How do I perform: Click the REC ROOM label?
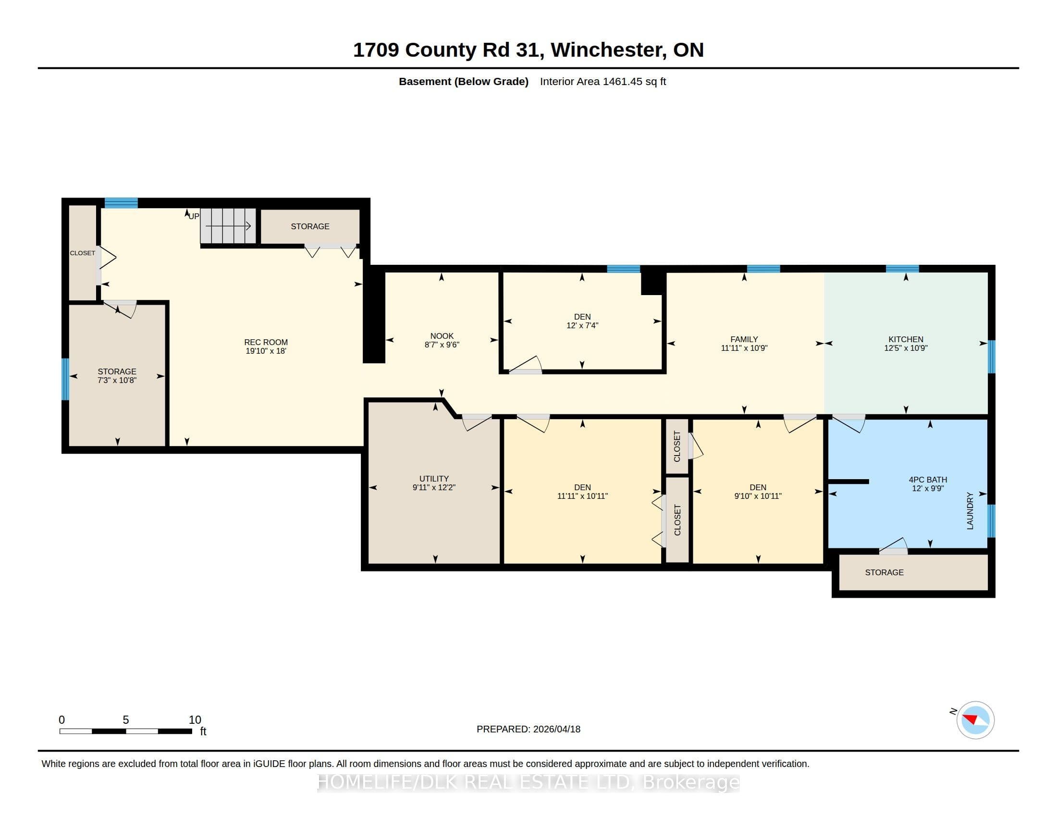click(266, 342)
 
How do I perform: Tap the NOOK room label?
click(442, 336)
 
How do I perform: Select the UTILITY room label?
click(434, 479)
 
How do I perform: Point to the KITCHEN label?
click(906, 339)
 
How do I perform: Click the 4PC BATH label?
click(928, 480)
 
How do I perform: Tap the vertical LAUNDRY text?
click(970, 510)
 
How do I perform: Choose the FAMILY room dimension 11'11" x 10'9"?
click(744, 348)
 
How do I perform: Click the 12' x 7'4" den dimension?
click(582, 326)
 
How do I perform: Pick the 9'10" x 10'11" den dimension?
click(758, 496)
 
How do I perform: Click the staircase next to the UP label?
click(228, 226)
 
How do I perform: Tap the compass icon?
click(975, 720)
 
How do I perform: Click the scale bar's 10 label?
click(195, 720)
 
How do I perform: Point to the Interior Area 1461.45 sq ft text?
click(603, 81)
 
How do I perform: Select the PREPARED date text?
click(528, 729)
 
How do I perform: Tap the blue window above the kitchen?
click(903, 269)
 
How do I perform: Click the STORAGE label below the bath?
click(884, 572)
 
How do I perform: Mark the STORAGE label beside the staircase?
click(310, 226)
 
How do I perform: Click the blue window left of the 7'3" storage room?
click(65, 379)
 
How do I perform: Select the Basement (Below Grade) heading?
click(464, 81)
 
